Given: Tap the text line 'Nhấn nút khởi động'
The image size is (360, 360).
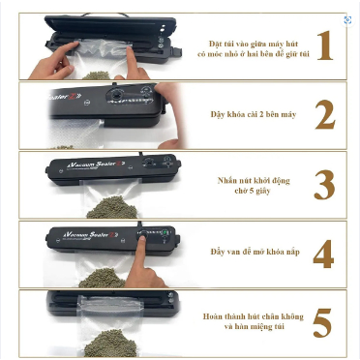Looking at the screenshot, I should pyautogui.click(x=254, y=178).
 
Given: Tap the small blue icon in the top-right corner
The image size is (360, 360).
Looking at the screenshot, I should pyautogui.click(x=347, y=19).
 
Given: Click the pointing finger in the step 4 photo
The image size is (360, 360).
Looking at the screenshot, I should pyautogui.click(x=145, y=254).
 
